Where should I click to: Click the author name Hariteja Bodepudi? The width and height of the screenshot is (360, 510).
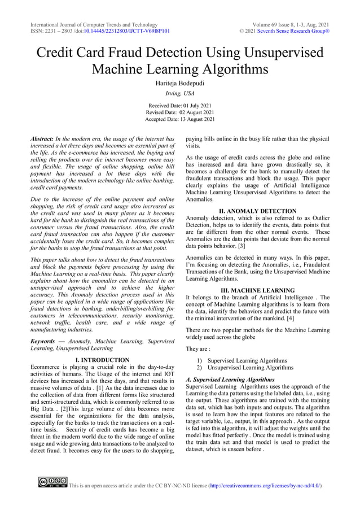click(x=180, y=83)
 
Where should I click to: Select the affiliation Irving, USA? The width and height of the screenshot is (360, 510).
click(x=180, y=94)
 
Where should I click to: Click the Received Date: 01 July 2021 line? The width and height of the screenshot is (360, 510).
click(x=180, y=106)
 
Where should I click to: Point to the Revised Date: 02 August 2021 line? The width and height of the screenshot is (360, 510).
click(x=180, y=113)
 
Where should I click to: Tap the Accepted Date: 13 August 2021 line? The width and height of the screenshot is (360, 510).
click(x=180, y=120)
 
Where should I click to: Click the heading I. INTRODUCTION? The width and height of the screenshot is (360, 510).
click(x=102, y=360)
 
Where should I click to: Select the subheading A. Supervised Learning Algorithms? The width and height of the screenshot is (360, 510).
click(x=230, y=380)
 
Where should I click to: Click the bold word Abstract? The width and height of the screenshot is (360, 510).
click(x=42, y=139)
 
